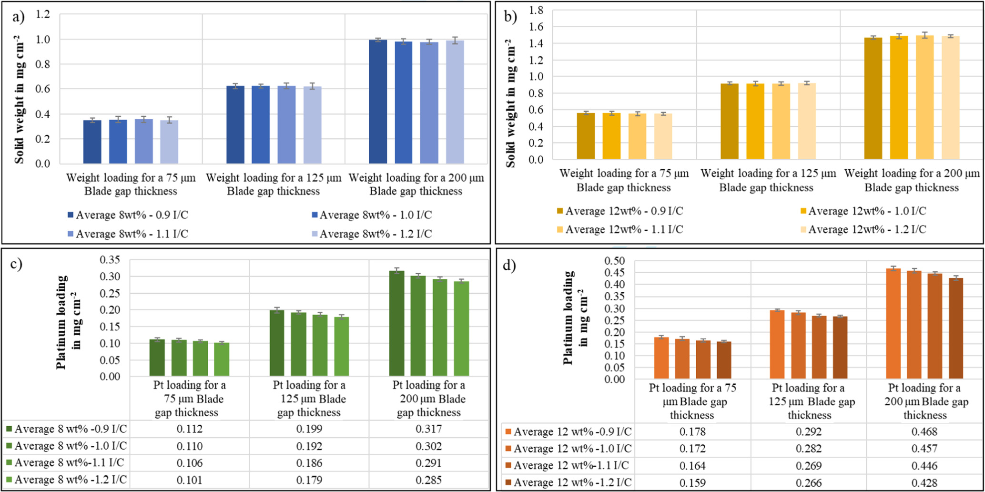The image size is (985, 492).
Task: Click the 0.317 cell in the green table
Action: point(429,429)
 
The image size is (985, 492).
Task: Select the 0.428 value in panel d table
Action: point(924,482)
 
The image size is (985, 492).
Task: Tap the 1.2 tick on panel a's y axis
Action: point(43,14)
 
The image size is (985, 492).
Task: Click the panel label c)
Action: point(16,264)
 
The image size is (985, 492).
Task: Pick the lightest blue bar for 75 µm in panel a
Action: point(169,142)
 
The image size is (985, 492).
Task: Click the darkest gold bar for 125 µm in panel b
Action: point(729,121)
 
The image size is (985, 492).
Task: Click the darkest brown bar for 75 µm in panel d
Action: point(723,360)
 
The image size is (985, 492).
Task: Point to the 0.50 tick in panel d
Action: point(614,261)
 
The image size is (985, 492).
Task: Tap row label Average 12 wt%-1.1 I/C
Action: point(571,465)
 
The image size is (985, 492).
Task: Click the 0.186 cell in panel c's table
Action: point(309,462)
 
